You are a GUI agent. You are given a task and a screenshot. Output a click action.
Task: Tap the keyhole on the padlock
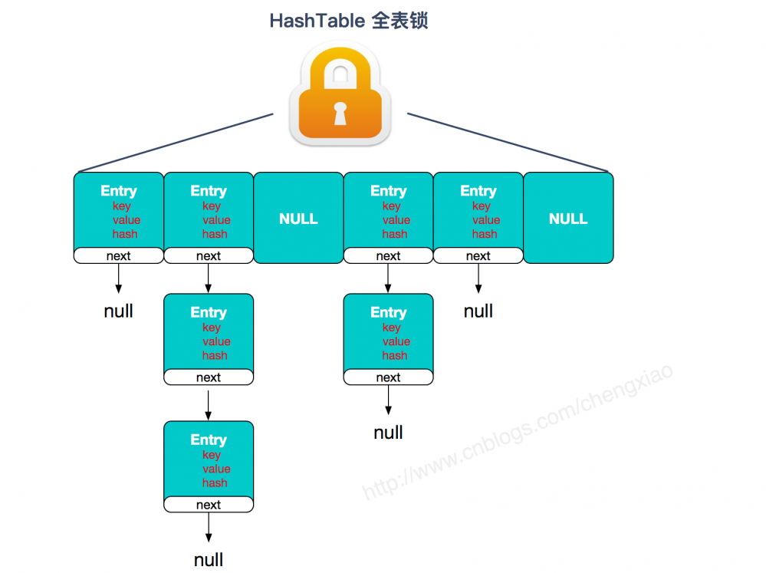(x=340, y=113)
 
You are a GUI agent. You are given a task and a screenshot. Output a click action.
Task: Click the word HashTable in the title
(x=317, y=21)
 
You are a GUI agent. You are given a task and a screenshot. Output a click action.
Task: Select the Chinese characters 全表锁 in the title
(x=399, y=21)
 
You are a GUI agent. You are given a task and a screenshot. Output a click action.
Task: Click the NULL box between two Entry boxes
(x=298, y=219)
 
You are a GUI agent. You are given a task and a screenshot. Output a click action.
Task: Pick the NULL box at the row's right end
(x=568, y=219)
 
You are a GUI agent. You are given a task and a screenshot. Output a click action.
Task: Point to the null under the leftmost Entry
(x=119, y=311)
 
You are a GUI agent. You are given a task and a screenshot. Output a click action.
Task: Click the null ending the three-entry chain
(x=209, y=559)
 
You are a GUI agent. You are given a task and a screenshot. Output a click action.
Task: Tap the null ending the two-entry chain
(x=388, y=433)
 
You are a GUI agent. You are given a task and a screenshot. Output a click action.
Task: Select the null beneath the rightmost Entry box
(x=478, y=311)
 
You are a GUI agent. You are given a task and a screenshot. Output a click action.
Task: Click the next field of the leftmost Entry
(x=119, y=256)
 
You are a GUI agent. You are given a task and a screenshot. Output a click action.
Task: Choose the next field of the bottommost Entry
(x=209, y=505)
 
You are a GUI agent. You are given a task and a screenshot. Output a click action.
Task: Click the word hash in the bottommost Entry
(x=215, y=483)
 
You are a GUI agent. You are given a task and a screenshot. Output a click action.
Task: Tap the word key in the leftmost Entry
(x=121, y=206)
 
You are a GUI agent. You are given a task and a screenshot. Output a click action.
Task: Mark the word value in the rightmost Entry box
(x=486, y=220)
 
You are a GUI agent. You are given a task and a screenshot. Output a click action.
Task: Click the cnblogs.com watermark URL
(x=518, y=433)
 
